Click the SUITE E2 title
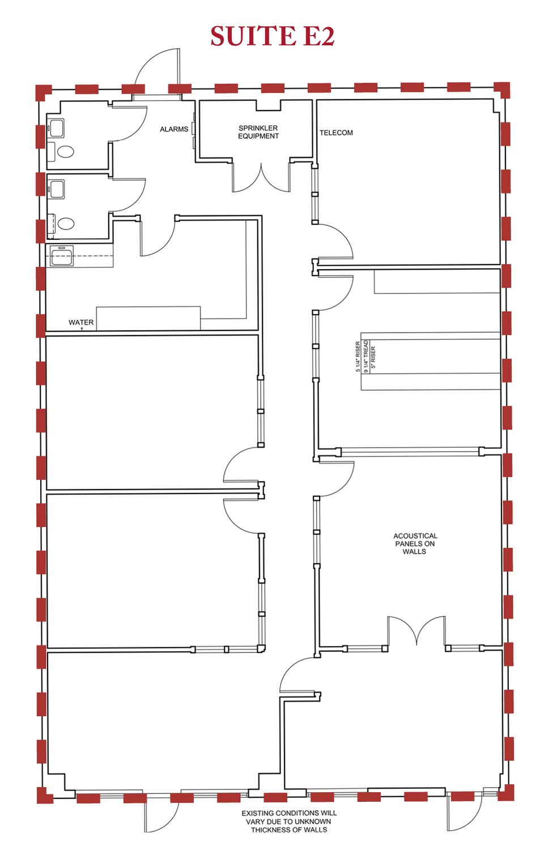[x=272, y=36]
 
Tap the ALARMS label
[x=174, y=129]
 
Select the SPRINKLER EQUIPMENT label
[x=258, y=132]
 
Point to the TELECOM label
[x=336, y=133]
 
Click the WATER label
[x=81, y=322]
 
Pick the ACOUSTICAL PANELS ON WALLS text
[x=415, y=543]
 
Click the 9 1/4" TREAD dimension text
[x=365, y=356]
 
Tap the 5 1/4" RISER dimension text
[x=358, y=356]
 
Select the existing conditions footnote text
[x=289, y=822]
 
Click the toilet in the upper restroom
[x=65, y=152]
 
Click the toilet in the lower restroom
[x=65, y=223]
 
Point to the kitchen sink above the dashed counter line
[x=61, y=256]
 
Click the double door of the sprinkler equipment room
[x=261, y=181]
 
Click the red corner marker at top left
[x=43, y=92]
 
